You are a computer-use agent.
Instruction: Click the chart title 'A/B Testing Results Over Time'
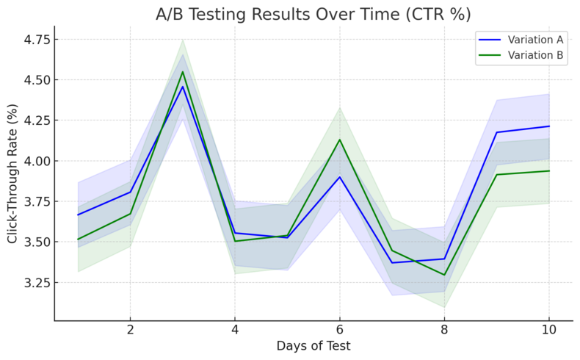click(313, 14)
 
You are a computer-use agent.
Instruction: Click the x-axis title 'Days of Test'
click(313, 345)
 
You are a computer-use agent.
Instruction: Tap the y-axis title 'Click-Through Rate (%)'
click(12, 173)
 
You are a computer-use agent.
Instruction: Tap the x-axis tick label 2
click(130, 330)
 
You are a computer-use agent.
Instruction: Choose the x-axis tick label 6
click(339, 330)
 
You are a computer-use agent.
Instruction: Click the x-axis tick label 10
click(548, 330)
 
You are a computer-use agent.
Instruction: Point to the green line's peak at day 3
click(182, 71)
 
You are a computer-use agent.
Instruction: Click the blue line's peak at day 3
click(182, 87)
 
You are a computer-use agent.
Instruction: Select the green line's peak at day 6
click(339, 140)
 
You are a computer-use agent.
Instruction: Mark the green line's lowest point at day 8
click(444, 275)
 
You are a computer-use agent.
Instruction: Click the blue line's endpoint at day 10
click(548, 126)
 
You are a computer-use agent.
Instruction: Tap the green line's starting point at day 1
click(78, 239)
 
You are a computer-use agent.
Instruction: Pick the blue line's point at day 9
click(496, 132)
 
